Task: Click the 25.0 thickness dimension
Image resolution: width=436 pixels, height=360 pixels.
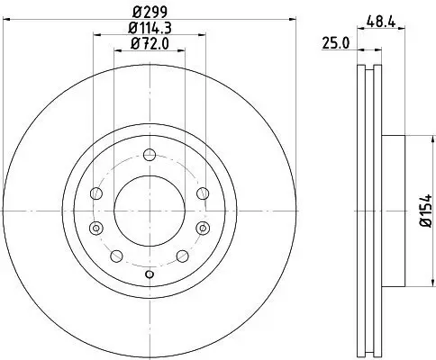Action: (x=336, y=42)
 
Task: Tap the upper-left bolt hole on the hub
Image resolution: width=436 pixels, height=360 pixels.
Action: (x=96, y=192)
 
